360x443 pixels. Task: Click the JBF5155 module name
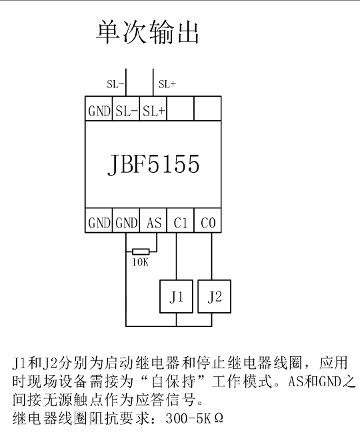(x=153, y=164)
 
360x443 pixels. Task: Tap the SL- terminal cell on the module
(x=126, y=109)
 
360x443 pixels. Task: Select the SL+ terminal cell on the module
(x=153, y=109)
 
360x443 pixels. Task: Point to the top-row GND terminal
(x=99, y=109)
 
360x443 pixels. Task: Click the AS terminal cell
(x=153, y=221)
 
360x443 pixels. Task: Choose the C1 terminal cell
(x=181, y=221)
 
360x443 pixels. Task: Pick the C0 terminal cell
(x=207, y=221)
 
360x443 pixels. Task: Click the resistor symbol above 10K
(x=141, y=252)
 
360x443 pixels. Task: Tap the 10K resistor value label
(x=140, y=262)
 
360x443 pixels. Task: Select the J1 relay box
(x=176, y=296)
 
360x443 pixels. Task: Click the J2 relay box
(x=214, y=296)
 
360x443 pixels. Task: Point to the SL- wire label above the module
(x=115, y=84)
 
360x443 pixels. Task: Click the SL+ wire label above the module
(x=167, y=84)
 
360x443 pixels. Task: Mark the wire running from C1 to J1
(x=176, y=256)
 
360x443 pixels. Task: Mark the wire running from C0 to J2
(x=211, y=256)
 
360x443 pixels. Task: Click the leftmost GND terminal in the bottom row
(x=99, y=221)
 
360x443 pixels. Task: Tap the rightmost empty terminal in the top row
(x=207, y=109)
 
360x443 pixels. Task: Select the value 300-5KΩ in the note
(x=194, y=418)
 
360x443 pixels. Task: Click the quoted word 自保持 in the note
(x=173, y=382)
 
